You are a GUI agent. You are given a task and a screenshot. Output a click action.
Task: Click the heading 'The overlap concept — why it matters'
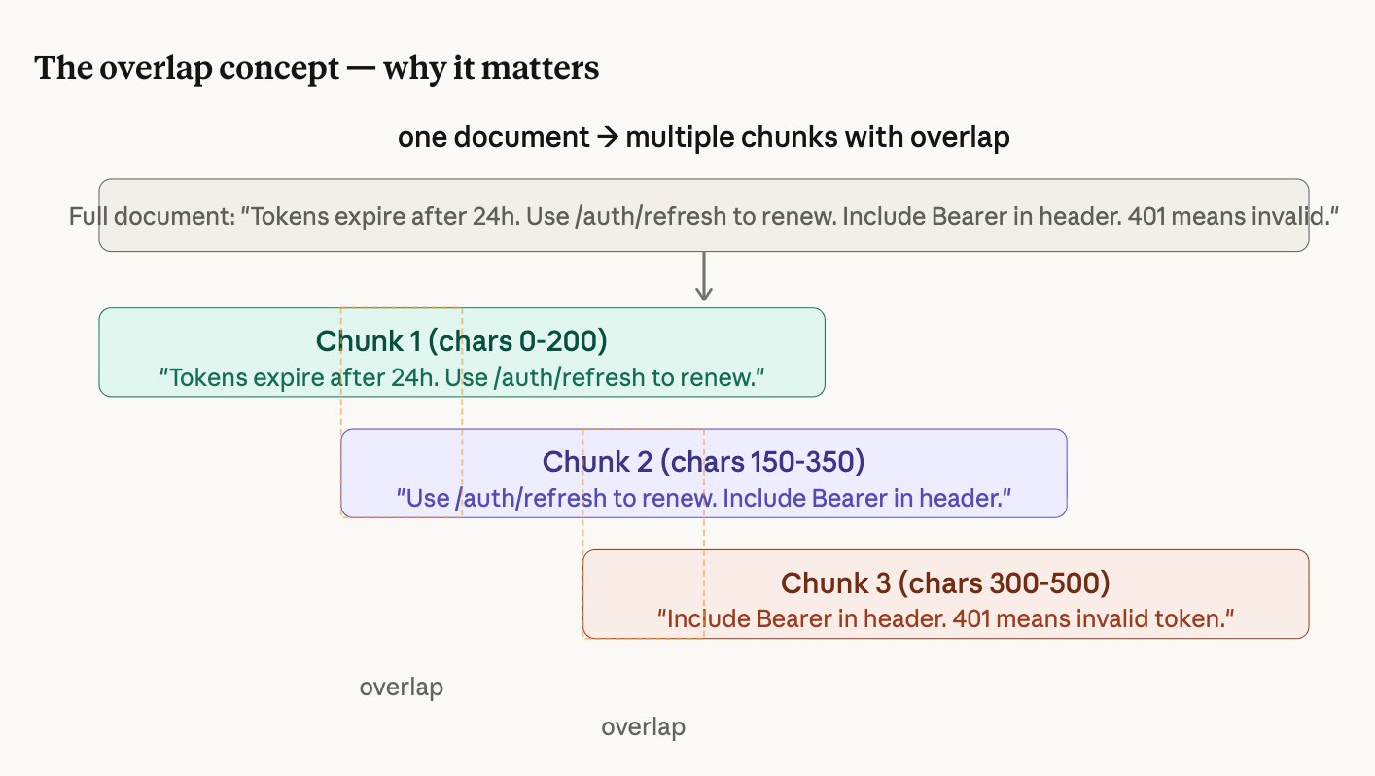(316, 69)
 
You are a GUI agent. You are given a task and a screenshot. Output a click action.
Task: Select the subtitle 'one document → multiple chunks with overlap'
(703, 137)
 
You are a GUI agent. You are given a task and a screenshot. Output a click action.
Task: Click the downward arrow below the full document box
(705, 278)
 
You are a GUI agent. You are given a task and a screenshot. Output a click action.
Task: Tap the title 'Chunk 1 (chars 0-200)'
(461, 341)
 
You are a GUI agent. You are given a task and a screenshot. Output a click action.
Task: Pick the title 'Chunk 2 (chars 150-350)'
(703, 461)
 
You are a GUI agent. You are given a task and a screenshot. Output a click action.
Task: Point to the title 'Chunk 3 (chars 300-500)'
(945, 583)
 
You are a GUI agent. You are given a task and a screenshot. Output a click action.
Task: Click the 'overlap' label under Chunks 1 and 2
(401, 688)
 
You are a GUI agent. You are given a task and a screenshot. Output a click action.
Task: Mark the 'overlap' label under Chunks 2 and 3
(643, 727)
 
